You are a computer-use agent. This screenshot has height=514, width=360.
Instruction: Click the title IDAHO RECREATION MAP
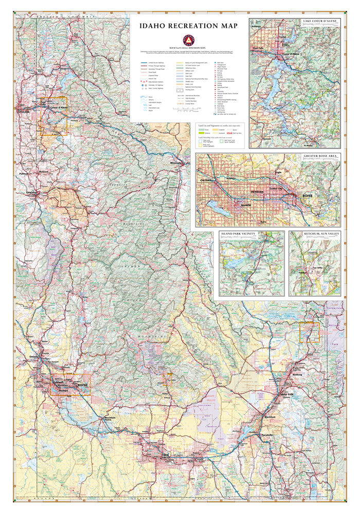tap(188, 26)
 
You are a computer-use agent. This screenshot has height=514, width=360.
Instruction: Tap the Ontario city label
tap(34, 357)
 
